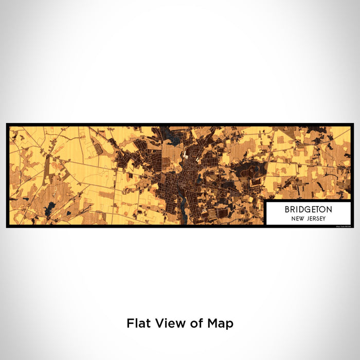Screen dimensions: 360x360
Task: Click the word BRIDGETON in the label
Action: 308,209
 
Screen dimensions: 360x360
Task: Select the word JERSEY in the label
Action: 314,218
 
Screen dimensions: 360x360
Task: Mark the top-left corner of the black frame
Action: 7,124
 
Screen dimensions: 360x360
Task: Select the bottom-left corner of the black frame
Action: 7,227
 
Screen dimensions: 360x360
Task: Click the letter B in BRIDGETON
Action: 287,209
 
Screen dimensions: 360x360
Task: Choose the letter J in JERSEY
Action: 307,218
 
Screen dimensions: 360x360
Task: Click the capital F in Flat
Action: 130,323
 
